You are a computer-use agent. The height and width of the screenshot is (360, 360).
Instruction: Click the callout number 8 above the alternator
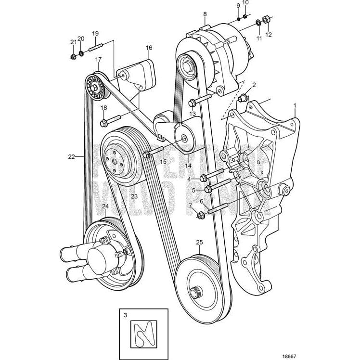(205, 14)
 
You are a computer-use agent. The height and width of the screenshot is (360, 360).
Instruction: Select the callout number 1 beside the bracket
(295, 104)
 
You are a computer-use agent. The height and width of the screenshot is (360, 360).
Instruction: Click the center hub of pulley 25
(195, 293)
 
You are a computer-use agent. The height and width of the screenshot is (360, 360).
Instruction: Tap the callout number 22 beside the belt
(72, 156)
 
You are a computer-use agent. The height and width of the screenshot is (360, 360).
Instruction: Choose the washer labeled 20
(80, 52)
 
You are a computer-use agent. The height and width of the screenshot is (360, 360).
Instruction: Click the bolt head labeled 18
(103, 124)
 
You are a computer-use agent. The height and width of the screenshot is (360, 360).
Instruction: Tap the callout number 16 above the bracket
(149, 48)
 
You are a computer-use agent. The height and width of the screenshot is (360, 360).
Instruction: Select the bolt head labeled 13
(193, 102)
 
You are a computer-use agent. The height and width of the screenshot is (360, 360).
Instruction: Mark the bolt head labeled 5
(208, 189)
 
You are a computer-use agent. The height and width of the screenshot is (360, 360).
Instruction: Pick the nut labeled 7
(201, 215)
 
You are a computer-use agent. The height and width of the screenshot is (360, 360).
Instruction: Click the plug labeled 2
(244, 99)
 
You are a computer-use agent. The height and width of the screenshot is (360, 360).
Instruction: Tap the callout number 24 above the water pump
(104, 207)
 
